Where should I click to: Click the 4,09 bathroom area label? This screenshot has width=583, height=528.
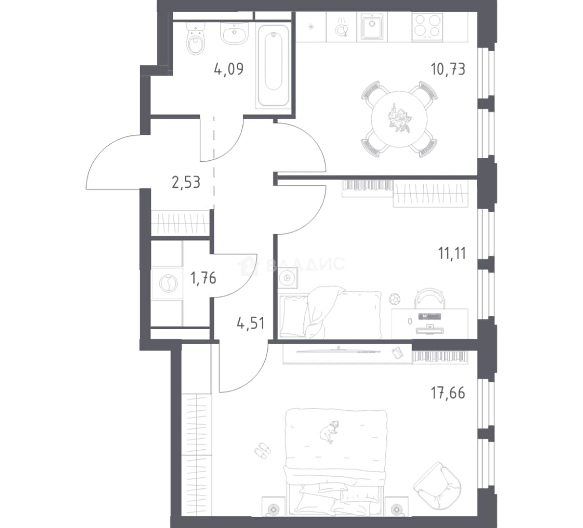pyautogui.click(x=229, y=69)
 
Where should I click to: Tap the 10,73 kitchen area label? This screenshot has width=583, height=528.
pyautogui.click(x=448, y=69)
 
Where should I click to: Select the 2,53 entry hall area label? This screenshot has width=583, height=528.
pyautogui.click(x=186, y=182)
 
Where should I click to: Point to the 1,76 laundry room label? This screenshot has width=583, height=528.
pyautogui.click(x=203, y=278)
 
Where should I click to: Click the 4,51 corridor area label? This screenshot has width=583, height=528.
pyautogui.click(x=250, y=323)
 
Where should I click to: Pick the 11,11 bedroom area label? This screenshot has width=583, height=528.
pyautogui.click(x=452, y=253)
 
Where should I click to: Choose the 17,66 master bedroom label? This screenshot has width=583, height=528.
pyautogui.click(x=448, y=393)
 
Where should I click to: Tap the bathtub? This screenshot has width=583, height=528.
pyautogui.click(x=273, y=66)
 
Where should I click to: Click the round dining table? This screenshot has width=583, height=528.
pyautogui.click(x=399, y=119)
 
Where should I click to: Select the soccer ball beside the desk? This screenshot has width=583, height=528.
pyautogui.click(x=395, y=299)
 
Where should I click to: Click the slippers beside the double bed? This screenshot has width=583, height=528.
pyautogui.click(x=263, y=450)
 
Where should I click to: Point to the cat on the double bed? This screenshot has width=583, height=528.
pyautogui.click(x=329, y=431)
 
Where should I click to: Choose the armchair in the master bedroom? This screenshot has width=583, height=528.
pyautogui.click(x=437, y=484)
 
